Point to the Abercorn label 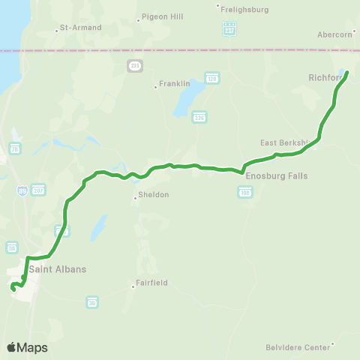point(334,34)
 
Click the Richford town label point(325,76)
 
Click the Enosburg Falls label point(277,176)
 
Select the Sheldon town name point(152,195)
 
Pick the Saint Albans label point(61,269)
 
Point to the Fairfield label point(152,283)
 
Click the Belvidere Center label point(298,348)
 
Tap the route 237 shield point(229,29)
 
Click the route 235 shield point(135,66)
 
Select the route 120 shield point(212,79)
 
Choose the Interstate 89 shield point(23,192)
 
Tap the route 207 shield point(39,189)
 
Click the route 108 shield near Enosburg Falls point(245,193)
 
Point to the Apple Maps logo point(27,347)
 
